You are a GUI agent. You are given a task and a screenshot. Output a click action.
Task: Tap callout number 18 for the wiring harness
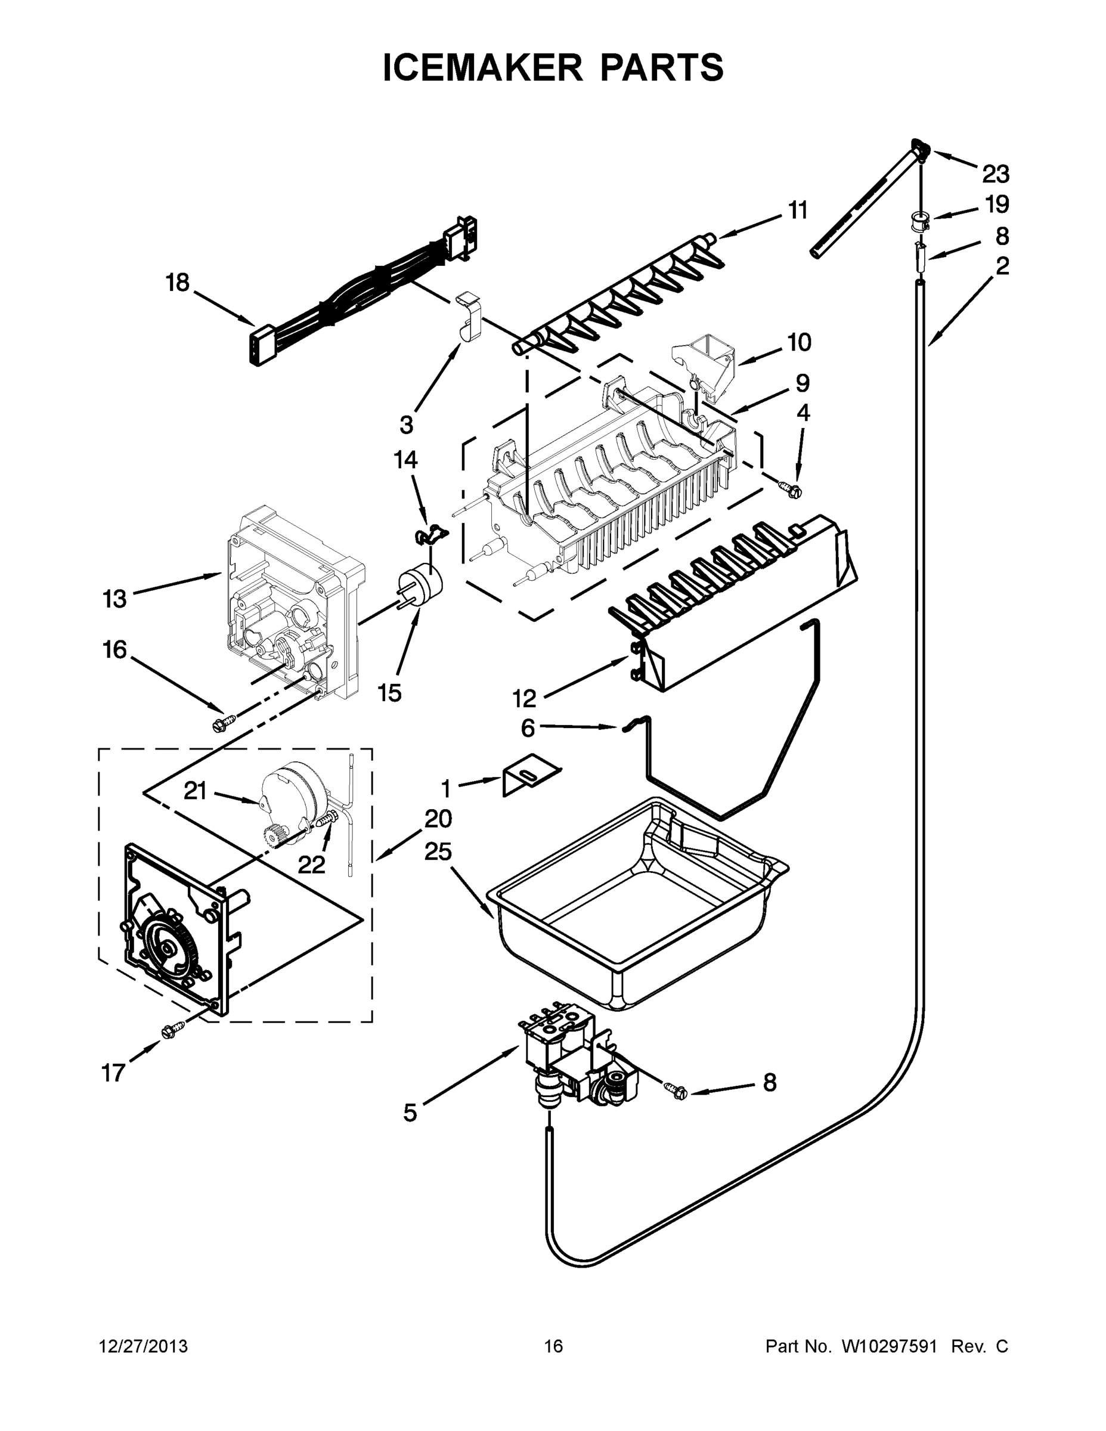(x=177, y=283)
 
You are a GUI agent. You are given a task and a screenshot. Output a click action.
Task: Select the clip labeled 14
(x=429, y=534)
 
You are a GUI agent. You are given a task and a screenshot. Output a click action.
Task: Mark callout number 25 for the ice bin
(x=438, y=852)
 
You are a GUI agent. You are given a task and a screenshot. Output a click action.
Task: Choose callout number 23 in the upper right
(x=995, y=174)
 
